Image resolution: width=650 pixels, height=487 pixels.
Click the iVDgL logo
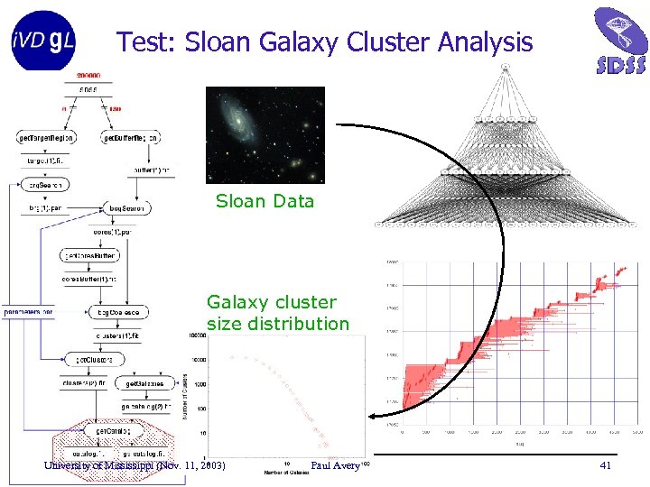[43, 40]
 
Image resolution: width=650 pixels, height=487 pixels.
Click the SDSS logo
[620, 40]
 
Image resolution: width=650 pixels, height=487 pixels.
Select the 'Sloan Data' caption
[265, 201]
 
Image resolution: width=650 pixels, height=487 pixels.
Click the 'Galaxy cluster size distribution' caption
[277, 313]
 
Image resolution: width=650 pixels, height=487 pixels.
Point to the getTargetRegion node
[46, 138]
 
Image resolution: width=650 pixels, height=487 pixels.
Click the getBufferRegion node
[132, 138]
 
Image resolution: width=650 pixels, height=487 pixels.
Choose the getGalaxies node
[144, 383]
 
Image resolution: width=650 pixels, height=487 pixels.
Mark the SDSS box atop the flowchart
[88, 89]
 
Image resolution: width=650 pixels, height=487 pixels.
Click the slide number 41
[607, 465]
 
